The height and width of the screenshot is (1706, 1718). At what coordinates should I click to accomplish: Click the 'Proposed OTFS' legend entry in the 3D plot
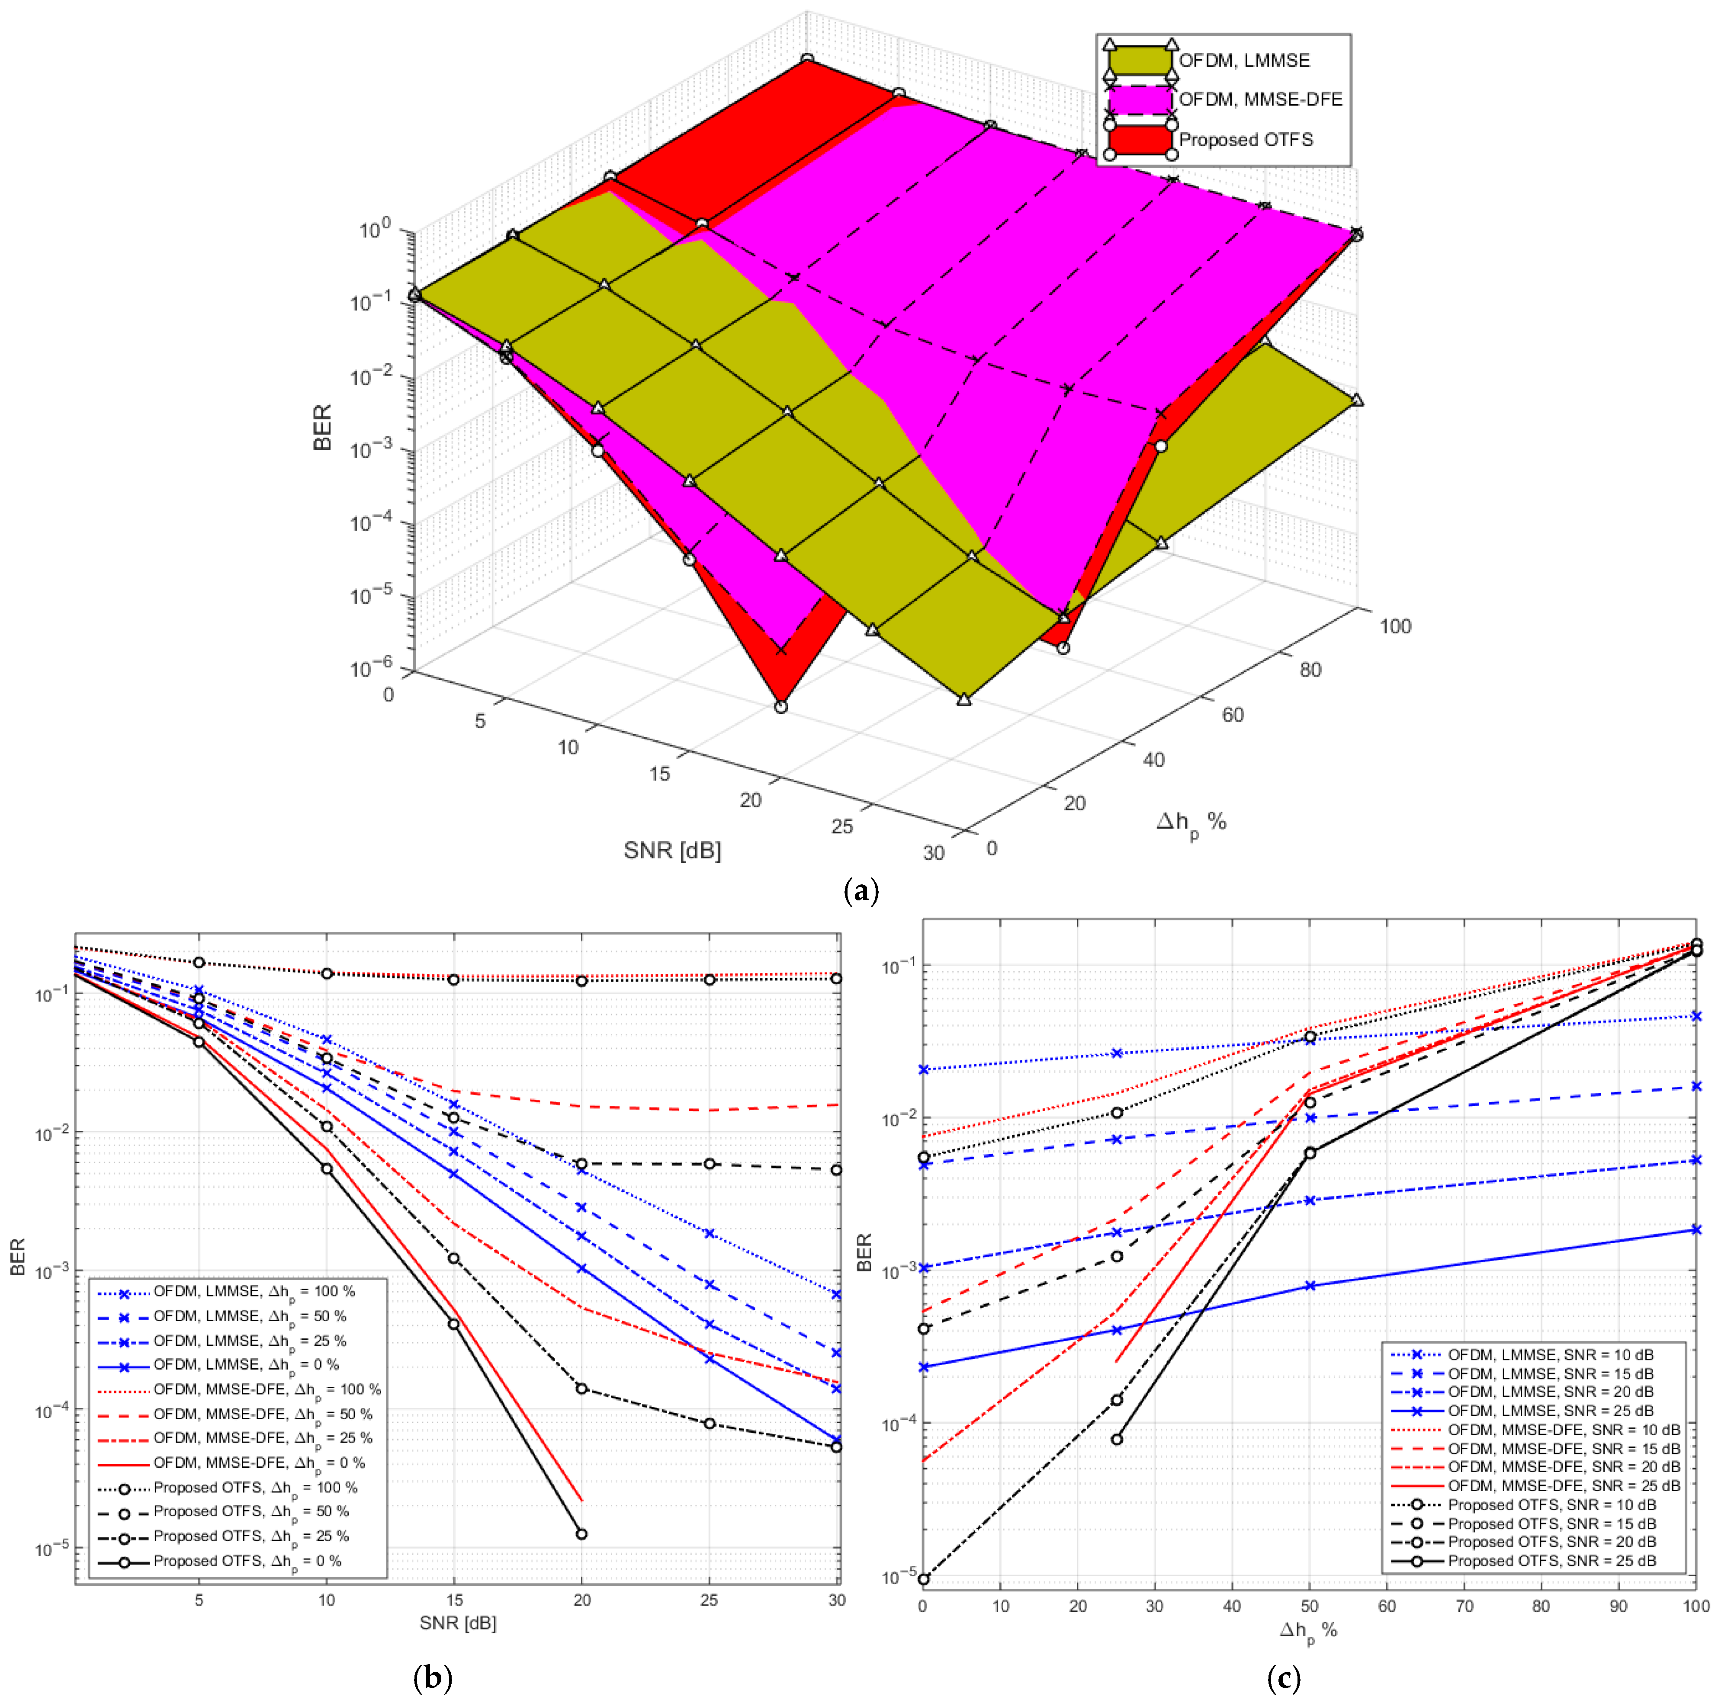click(x=1245, y=140)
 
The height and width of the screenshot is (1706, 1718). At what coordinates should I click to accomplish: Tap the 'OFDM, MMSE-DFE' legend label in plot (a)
click(x=1260, y=99)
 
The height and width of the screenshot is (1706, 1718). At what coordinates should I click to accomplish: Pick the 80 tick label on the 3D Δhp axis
click(x=1311, y=669)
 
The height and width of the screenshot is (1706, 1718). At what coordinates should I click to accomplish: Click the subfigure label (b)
click(x=433, y=1677)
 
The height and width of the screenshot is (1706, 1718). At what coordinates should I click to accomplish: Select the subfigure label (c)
click(x=1283, y=1677)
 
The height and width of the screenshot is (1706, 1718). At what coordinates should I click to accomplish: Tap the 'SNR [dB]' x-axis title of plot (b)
click(x=458, y=1623)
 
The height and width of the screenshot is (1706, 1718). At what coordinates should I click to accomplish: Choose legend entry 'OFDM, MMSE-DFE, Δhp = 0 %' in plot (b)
click(x=259, y=1463)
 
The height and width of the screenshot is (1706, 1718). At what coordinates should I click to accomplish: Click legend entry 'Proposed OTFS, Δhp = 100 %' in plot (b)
click(x=255, y=1487)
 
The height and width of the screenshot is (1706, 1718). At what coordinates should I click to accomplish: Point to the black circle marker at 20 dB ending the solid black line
click(x=581, y=1533)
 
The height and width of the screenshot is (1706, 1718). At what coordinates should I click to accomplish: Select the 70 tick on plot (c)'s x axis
click(x=1464, y=1606)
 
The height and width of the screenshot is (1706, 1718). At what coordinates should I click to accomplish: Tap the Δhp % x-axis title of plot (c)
click(x=1308, y=1629)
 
